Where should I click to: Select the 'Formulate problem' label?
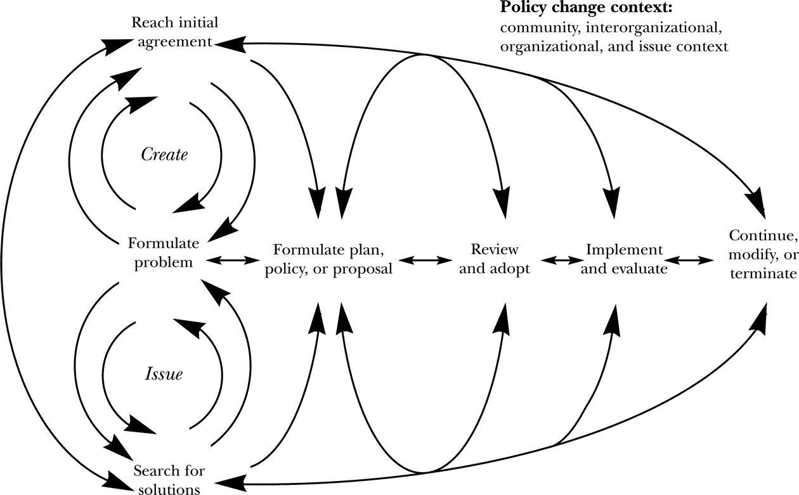tap(163, 252)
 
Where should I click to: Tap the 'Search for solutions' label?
tap(169, 480)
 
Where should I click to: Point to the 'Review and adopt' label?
tap(495, 259)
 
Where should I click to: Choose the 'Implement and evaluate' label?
tap(624, 259)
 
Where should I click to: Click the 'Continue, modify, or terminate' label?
tap(763, 255)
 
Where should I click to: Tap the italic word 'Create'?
tap(164, 154)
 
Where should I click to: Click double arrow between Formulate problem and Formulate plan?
tap(234, 259)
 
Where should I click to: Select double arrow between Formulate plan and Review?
tap(424, 259)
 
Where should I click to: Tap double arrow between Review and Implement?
tap(561, 259)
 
